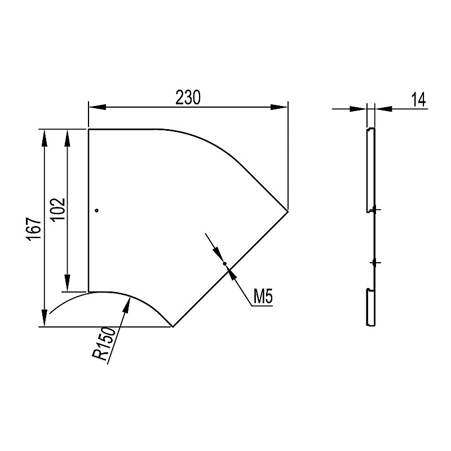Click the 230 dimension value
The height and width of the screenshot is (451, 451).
pyautogui.click(x=188, y=98)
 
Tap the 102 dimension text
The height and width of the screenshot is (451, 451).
pyautogui.click(x=58, y=209)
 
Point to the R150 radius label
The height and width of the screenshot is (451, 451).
pyautogui.click(x=104, y=344)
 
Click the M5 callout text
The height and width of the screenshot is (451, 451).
pyautogui.click(x=263, y=297)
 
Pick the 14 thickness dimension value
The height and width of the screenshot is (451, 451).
pyautogui.click(x=418, y=100)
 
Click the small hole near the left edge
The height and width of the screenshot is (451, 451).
pyautogui.click(x=97, y=210)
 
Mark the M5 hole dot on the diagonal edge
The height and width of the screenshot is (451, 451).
pyautogui.click(x=225, y=263)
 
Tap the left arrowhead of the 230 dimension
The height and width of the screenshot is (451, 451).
pyautogui.click(x=98, y=107)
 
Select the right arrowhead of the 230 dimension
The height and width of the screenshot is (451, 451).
pyautogui.click(x=278, y=107)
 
